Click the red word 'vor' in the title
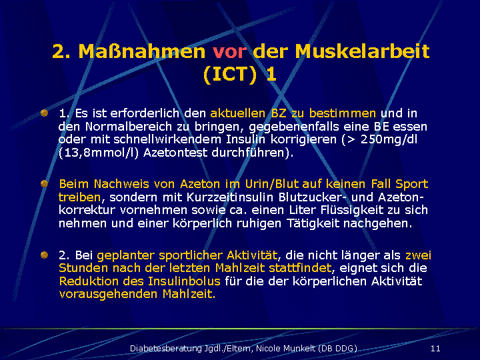point(229,51)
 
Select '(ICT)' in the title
point(229,75)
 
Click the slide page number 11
point(435,349)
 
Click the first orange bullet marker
point(45,113)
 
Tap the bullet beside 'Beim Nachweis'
point(45,184)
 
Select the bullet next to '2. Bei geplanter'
point(45,255)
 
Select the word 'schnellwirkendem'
point(167,139)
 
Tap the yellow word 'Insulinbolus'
point(184,281)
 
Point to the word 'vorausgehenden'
point(109,295)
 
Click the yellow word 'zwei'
point(418,255)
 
